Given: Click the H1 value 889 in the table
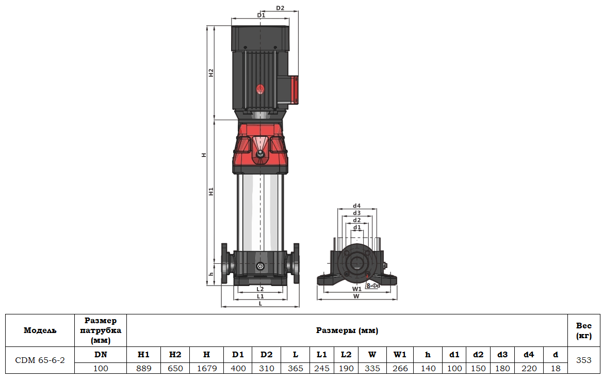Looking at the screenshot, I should [143, 369].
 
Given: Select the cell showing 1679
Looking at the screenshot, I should [206, 369].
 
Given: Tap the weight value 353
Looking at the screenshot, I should [584, 360].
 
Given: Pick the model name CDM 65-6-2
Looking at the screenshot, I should [40, 360].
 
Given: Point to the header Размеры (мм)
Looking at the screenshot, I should [347, 330].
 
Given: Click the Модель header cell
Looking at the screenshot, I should [40, 330].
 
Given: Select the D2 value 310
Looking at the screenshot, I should [266, 369].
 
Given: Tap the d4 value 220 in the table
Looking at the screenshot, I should [528, 369].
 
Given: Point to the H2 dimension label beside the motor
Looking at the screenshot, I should [211, 73].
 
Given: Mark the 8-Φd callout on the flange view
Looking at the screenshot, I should [373, 286].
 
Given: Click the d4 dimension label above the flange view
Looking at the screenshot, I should [356, 206].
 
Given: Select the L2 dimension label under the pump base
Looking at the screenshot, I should [260, 289].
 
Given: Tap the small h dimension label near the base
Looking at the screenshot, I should [211, 274].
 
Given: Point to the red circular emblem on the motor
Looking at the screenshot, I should [260, 89].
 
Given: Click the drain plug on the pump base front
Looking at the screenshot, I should [260, 266].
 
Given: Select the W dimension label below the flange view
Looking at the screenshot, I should [356, 296].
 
